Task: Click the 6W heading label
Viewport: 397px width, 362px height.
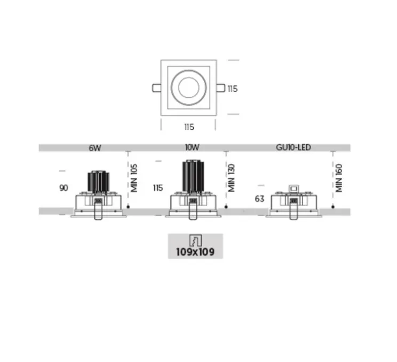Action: tap(95, 148)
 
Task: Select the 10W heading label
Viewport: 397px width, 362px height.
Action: tap(192, 147)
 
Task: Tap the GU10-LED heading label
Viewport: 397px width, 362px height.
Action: tap(293, 147)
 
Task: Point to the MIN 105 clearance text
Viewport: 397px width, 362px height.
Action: tap(134, 178)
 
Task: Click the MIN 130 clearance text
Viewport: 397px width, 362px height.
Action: tap(231, 178)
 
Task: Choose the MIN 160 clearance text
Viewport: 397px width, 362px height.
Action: tap(339, 178)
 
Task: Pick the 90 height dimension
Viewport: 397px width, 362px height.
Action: tap(63, 188)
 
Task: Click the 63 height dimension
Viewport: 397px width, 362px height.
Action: tap(259, 199)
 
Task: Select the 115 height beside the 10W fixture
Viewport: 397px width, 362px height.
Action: tap(158, 188)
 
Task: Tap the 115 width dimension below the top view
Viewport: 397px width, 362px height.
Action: tap(189, 127)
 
